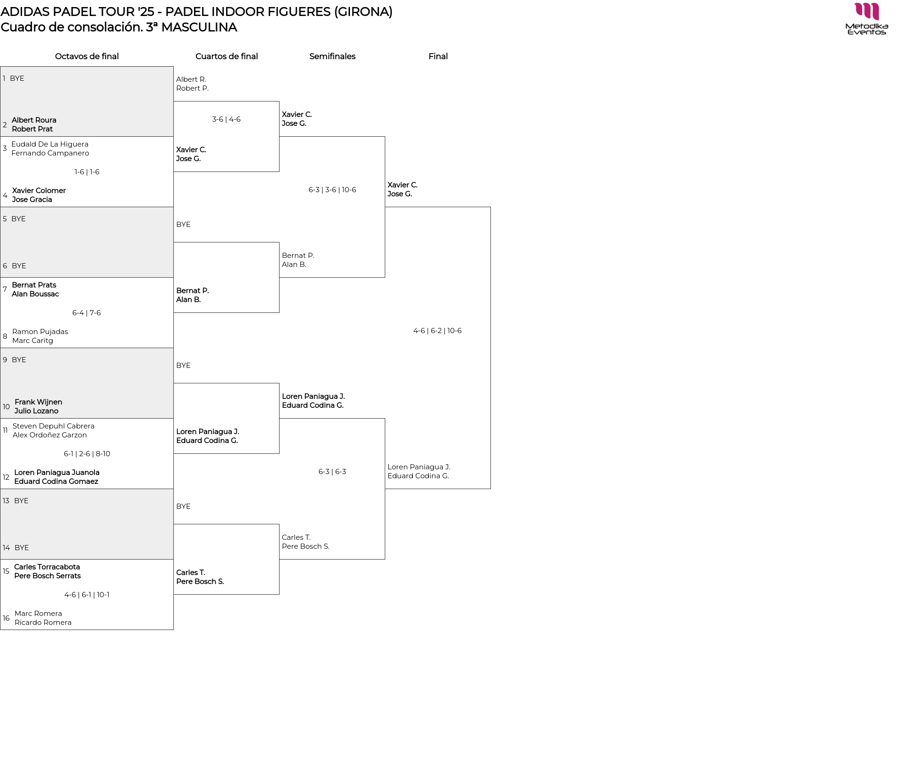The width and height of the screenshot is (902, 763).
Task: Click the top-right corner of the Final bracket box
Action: (x=490, y=207)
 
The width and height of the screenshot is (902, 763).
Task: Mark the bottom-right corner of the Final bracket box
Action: (x=490, y=489)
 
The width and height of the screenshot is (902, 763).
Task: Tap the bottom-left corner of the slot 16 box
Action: (x=0, y=630)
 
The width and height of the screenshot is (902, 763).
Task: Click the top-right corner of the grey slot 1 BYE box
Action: (x=173, y=67)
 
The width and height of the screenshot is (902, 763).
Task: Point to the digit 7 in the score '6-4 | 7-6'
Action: (x=92, y=313)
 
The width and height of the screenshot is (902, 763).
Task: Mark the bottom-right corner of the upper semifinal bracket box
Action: (x=385, y=277)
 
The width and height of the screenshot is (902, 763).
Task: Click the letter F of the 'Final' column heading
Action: (x=431, y=56)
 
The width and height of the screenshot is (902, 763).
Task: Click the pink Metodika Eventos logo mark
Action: (x=867, y=12)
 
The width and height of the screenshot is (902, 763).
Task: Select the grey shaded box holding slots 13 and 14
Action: (x=87, y=524)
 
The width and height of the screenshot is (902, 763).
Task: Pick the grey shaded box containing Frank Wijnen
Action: (x=87, y=383)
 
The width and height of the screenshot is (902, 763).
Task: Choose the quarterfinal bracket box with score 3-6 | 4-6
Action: (x=226, y=137)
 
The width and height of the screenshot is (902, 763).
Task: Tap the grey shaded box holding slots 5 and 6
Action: (x=87, y=242)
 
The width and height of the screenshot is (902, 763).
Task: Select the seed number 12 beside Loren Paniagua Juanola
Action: (x=6, y=477)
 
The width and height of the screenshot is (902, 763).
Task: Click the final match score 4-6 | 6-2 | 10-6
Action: (x=437, y=331)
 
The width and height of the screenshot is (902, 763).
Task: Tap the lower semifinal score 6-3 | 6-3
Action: (x=332, y=472)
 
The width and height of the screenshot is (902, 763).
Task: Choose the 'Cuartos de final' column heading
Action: (x=226, y=56)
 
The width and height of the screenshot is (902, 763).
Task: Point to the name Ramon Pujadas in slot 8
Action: (x=40, y=332)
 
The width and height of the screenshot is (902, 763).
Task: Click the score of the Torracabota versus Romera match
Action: (x=87, y=595)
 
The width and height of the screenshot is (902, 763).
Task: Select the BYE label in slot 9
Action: (x=19, y=360)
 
